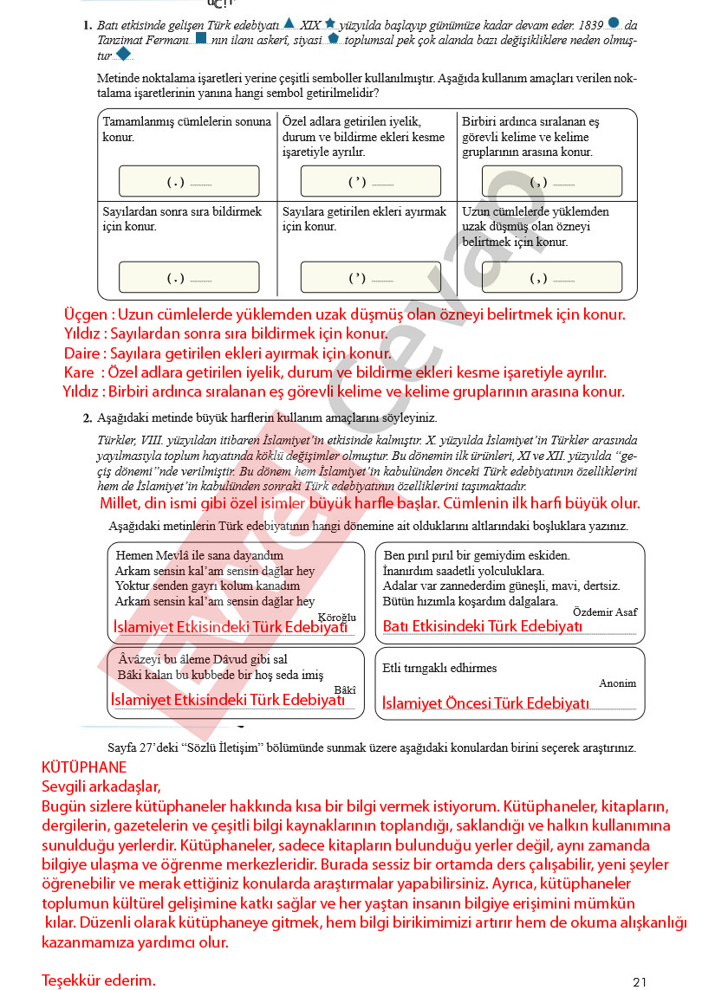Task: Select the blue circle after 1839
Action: click(x=614, y=23)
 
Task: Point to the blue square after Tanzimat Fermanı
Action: click(x=201, y=39)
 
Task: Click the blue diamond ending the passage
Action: click(x=123, y=55)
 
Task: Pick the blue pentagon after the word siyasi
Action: click(x=334, y=39)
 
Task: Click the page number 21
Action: click(x=640, y=981)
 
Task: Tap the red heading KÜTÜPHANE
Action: click(x=84, y=767)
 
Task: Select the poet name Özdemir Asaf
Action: click(x=605, y=611)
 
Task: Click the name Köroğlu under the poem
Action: click(x=337, y=617)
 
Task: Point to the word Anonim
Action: click(x=617, y=683)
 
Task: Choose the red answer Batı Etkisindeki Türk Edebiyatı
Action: click(x=483, y=626)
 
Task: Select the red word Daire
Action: click(x=83, y=353)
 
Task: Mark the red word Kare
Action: click(x=78, y=372)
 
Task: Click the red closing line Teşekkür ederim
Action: click(x=99, y=980)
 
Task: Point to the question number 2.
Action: click(x=88, y=418)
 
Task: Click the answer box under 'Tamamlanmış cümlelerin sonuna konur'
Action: click(x=188, y=181)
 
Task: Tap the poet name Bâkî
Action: click(x=345, y=689)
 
